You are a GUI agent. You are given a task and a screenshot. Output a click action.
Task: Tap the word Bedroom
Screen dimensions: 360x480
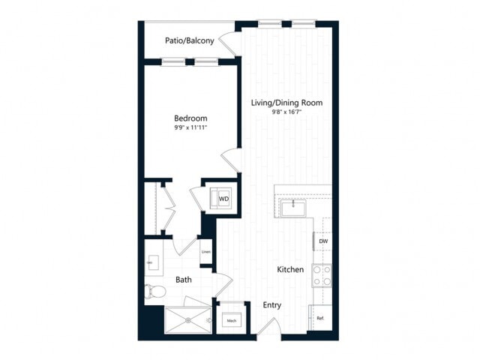tap(190, 118)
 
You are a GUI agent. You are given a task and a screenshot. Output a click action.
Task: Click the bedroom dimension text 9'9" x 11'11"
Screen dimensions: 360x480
tap(190, 128)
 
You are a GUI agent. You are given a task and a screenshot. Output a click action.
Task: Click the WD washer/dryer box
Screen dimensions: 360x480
tap(223, 199)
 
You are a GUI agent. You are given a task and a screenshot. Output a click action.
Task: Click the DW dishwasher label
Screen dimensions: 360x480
tap(323, 241)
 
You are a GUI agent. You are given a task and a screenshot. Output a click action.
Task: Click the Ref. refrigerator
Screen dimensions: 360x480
tap(320, 318)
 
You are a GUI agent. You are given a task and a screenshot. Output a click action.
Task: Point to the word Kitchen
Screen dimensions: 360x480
tap(290, 269)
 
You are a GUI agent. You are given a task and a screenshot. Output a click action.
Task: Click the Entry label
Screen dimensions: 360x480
tap(271, 305)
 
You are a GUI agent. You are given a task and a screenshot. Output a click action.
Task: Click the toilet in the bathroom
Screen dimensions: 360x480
tap(154, 291)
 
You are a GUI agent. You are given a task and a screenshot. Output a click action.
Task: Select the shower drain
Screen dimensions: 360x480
tap(208, 320)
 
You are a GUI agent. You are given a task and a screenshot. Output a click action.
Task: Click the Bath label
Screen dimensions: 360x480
tap(184, 280)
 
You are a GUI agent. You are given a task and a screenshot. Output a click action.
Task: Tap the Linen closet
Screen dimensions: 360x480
tap(205, 252)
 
